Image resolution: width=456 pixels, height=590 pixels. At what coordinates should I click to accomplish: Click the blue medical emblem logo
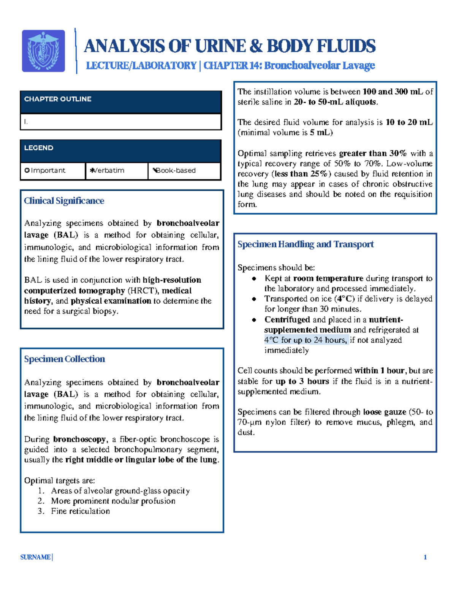point(43,51)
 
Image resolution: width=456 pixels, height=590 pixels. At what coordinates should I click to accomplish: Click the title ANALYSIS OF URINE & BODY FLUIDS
point(230,46)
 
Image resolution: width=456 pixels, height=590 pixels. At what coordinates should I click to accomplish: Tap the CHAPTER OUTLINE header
point(58,99)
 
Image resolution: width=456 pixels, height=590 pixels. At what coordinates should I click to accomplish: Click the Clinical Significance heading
point(64,201)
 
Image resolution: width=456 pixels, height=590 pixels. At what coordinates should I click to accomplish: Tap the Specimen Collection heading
point(64,359)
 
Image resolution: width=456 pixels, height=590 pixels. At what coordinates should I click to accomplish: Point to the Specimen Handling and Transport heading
point(306,244)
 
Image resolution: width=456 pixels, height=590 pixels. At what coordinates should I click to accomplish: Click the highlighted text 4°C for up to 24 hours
point(306,340)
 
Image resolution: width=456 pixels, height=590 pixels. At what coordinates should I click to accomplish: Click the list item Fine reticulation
point(80,511)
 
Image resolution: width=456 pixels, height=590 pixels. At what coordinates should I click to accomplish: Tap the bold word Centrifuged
point(287,320)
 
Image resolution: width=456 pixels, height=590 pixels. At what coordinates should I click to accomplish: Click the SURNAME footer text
point(35,557)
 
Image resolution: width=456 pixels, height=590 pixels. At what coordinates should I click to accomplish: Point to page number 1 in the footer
point(425,557)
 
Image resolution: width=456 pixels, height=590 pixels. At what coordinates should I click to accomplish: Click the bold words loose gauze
point(385,412)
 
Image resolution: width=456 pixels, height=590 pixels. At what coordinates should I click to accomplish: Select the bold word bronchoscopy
point(79,439)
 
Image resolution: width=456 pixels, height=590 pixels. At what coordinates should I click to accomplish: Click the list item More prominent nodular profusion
point(113,501)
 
